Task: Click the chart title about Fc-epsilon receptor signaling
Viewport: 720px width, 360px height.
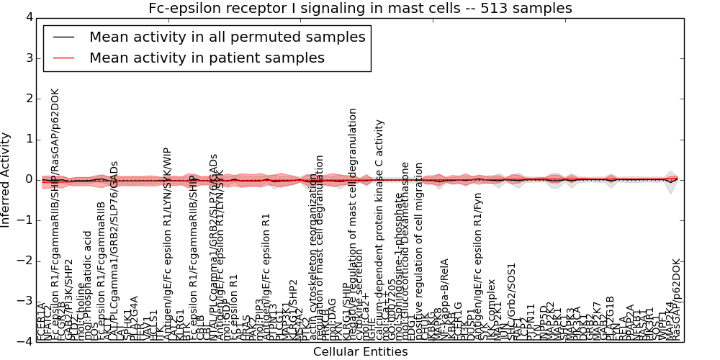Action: click(360, 9)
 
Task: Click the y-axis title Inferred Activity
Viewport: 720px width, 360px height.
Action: click(6, 180)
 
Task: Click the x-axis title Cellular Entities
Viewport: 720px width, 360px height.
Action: click(360, 351)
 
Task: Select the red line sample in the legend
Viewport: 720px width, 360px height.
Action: click(63, 58)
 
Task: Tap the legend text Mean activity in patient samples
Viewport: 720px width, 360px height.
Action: click(207, 58)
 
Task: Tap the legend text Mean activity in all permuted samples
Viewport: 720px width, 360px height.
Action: click(227, 37)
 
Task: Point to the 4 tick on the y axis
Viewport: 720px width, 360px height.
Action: click(28, 17)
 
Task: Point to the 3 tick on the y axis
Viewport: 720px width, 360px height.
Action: click(28, 58)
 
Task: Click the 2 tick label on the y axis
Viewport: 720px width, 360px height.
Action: click(28, 99)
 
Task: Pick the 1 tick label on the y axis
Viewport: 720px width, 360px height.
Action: click(28, 139)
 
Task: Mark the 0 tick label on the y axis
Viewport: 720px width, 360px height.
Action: click(28, 179)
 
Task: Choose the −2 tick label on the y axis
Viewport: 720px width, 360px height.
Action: click(25, 261)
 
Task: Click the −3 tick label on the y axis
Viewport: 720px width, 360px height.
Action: click(25, 301)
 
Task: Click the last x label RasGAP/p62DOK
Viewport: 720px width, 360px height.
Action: click(675, 299)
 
